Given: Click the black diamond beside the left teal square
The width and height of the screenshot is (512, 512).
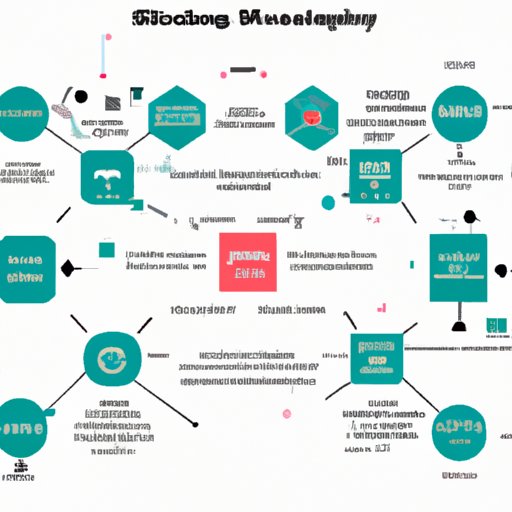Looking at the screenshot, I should (69, 267).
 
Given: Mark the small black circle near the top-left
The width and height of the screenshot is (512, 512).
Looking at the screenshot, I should (81, 97).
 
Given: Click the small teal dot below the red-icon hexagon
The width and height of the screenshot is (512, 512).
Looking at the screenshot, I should (327, 203).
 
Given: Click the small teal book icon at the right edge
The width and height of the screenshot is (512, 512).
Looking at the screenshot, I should (494, 325).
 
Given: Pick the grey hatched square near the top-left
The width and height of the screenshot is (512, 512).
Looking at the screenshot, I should (113, 101).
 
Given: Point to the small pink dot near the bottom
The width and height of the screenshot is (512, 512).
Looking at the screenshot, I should (287, 413).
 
